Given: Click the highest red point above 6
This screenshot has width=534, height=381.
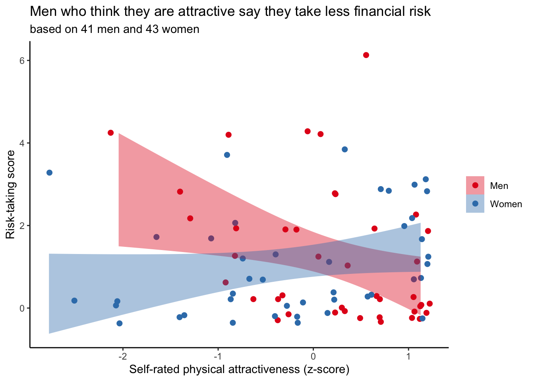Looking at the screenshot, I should (366, 55).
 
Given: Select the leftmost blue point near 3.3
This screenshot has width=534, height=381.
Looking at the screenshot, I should (49, 173).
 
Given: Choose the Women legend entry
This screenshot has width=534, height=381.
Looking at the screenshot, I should (506, 204).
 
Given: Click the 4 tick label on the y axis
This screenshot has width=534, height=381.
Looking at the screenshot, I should (23, 143).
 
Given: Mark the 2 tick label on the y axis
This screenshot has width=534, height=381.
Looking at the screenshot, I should (23, 225).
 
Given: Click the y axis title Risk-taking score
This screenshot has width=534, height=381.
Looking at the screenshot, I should (11, 194).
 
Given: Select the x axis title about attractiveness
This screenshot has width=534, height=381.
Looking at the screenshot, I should (239, 370).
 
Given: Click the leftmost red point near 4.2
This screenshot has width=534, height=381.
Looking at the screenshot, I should (110, 133).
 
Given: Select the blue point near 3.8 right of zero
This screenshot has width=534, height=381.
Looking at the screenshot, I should (344, 149).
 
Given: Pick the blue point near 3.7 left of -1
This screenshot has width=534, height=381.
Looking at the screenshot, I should (227, 155).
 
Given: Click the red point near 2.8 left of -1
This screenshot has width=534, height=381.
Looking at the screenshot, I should (180, 192).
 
